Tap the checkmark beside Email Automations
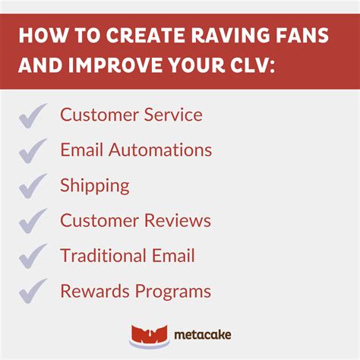point(33,151)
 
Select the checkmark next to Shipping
point(33,186)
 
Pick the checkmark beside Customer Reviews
point(33,222)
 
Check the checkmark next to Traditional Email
point(33,257)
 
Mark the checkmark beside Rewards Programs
point(33,292)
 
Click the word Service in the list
point(174,115)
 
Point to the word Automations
point(160,150)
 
